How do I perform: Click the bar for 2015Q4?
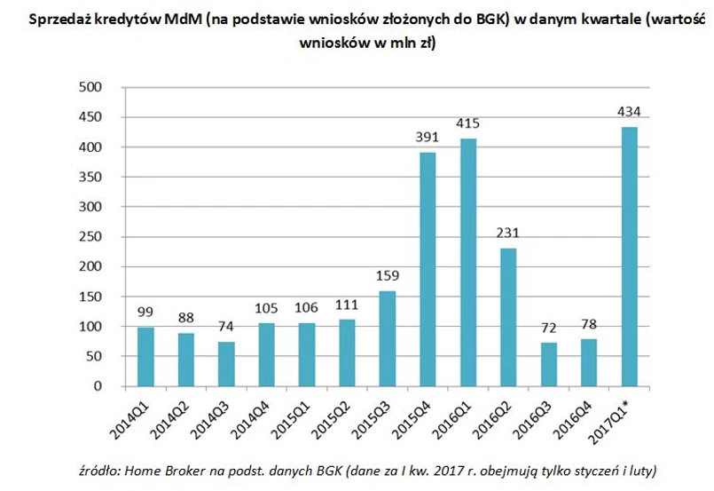coord(427,269)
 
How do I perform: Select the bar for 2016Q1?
coord(467,262)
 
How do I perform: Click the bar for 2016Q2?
coord(507,317)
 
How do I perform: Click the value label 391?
coord(427,138)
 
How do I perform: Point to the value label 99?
coord(145,313)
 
